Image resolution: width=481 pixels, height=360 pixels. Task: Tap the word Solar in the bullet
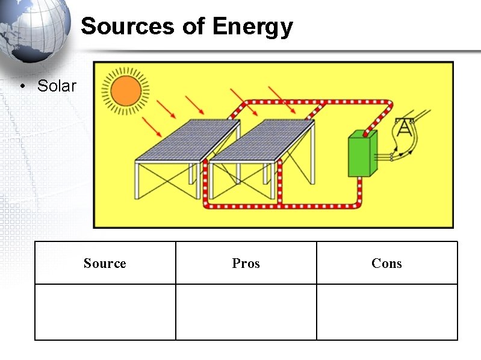coord(57,85)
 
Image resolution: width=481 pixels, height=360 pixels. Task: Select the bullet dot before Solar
coord(22,86)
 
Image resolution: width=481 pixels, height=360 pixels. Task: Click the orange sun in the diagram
coord(125,91)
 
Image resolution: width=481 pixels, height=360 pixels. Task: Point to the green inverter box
coord(362,154)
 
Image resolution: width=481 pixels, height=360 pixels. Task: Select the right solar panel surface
coord(262,139)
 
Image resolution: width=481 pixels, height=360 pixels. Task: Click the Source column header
coord(105,263)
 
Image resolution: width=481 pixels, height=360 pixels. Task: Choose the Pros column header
coord(246,263)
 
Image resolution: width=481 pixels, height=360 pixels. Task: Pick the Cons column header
coord(386,263)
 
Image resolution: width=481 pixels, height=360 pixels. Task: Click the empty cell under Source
coord(105,312)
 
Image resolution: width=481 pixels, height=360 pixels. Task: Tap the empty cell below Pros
coord(246,312)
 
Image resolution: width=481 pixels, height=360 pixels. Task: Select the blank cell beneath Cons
coord(386,312)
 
